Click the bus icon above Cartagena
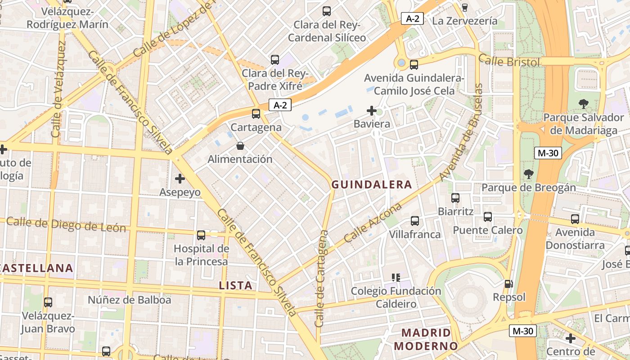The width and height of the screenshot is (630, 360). click(x=256, y=114)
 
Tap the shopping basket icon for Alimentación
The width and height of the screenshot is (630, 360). click(x=240, y=146)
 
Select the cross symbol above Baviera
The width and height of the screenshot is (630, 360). click(x=372, y=110)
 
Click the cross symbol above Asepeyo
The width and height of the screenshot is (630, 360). click(x=180, y=179)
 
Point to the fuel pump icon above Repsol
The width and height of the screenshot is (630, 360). click(x=509, y=284)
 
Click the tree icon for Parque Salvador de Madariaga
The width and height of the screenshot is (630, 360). click(x=583, y=104)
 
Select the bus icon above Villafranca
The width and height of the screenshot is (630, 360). click(x=415, y=221)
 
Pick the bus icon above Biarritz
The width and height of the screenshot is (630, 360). click(x=455, y=198)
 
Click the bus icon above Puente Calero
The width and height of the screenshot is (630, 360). click(x=488, y=217)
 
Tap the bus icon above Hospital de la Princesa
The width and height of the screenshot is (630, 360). click(x=201, y=235)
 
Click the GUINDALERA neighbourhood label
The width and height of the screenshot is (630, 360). click(x=372, y=184)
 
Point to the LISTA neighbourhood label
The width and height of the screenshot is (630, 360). click(x=235, y=285)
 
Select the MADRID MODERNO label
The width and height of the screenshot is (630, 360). click(x=426, y=339)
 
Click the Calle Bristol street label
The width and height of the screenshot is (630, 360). click(x=509, y=61)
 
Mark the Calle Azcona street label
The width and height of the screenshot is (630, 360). click(x=373, y=223)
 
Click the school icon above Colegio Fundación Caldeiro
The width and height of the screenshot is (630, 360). click(x=396, y=278)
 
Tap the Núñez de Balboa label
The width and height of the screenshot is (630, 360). click(x=129, y=300)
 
